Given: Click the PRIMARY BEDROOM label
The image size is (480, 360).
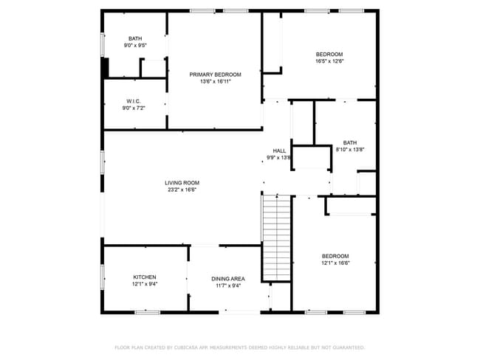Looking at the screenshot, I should pos(215,74).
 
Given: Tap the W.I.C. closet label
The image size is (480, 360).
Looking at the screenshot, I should pos(134,101).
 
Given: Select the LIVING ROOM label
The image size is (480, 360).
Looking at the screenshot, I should pos(182,182).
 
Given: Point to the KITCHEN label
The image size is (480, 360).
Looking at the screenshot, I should pos(144,277).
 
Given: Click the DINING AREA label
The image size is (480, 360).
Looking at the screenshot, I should pos(228,278).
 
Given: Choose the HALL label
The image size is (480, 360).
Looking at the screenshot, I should pos(279,150).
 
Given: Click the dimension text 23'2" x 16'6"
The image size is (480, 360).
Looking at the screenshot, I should pos(182,190).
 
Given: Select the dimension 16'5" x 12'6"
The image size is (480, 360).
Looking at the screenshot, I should pos(329,61).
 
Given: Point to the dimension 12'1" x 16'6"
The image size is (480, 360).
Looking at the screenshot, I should pos(335,263).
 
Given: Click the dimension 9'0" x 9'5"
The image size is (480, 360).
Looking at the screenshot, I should pos(135,46).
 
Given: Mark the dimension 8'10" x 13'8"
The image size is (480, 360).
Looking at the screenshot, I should pos(350,150).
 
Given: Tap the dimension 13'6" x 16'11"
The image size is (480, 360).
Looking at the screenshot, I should pos(215,81).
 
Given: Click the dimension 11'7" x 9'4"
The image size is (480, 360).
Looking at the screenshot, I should pos(228,285).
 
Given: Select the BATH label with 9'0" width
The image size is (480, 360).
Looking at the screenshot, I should pos(135,38).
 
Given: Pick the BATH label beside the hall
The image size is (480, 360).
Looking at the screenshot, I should pos(350,142).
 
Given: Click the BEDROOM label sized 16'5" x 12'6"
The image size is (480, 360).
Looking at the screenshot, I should pos(329,54).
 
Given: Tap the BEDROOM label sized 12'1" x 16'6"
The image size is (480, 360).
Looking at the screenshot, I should pos(335,255).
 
